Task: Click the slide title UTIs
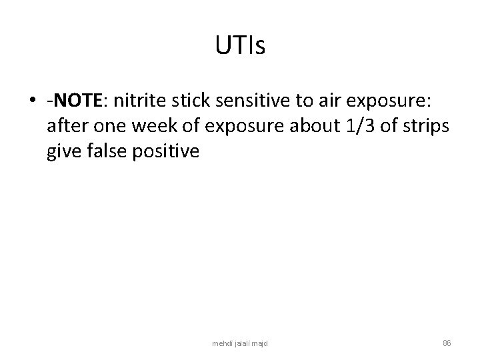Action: (x=240, y=46)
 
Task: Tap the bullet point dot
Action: (x=33, y=103)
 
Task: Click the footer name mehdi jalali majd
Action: (x=240, y=343)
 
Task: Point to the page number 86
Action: (x=447, y=343)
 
